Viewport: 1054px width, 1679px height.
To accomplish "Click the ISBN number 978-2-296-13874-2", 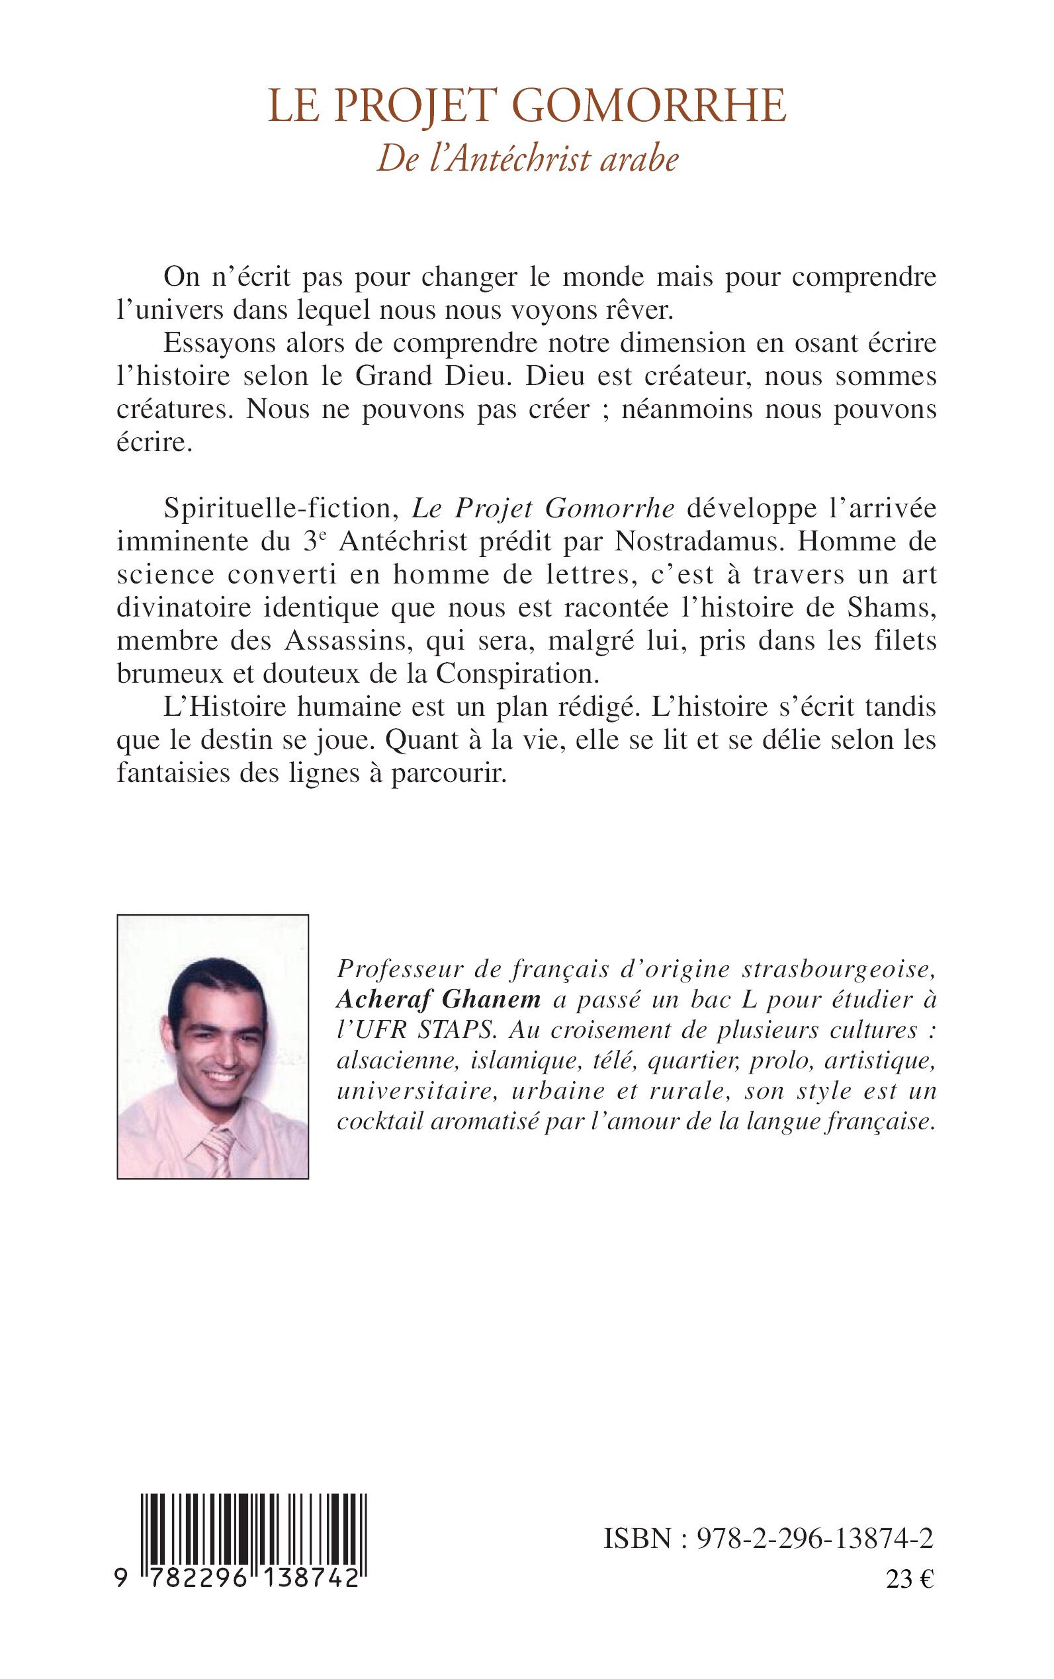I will (816, 1538).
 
